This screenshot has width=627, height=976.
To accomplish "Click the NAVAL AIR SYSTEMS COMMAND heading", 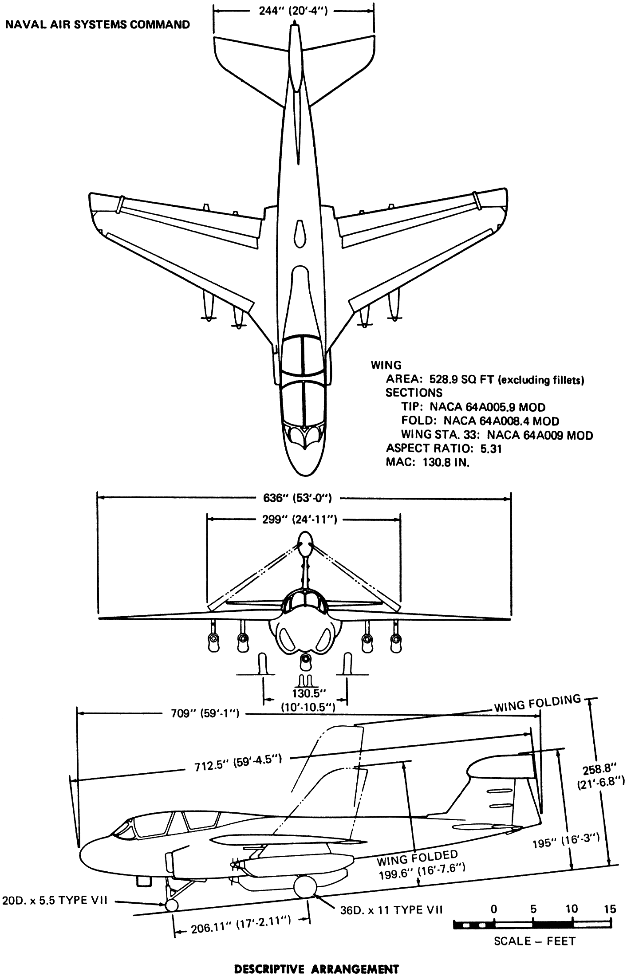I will pyautogui.click(x=97, y=24).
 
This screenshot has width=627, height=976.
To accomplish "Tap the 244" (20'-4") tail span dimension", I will pyautogui.click(x=293, y=11).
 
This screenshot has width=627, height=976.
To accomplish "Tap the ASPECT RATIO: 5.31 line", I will pyautogui.click(x=444, y=449).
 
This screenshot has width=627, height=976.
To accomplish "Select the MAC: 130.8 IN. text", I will pyautogui.click(x=428, y=462).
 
